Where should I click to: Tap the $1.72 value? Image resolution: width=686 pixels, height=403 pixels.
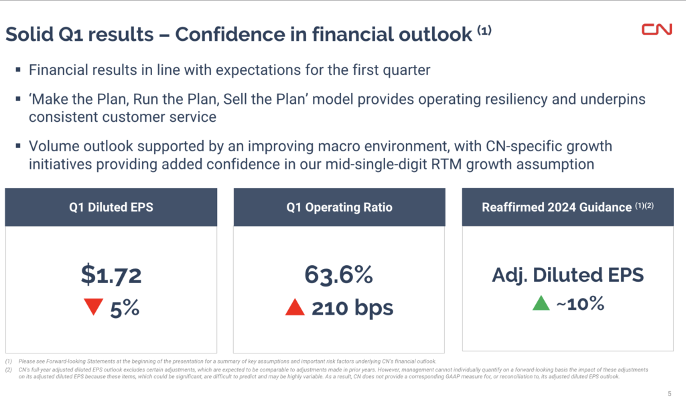pos(111,274)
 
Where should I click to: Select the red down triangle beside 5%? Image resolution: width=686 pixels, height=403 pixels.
pos(93,307)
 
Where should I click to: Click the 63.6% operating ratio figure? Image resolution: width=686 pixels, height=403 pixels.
pos(338,274)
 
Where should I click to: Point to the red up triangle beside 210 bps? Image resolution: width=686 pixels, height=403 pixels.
pos(295,307)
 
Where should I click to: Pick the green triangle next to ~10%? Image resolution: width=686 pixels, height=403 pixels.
pos(541,303)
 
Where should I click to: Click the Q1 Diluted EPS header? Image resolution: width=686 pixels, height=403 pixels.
pos(111,208)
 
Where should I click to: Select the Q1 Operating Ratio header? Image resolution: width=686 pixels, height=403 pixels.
pos(339,208)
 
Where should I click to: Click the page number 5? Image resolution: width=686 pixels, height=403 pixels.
pos(669,393)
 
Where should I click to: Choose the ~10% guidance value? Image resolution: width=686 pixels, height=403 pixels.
pos(579,304)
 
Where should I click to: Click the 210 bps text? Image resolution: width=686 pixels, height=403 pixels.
pos(352,308)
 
